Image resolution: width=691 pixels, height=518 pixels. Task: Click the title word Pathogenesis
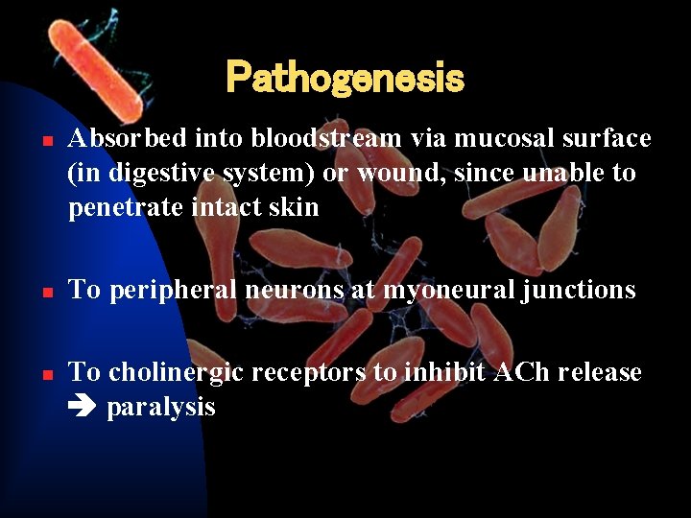pyautogui.click(x=345, y=79)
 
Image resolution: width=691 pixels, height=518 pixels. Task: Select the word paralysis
pyautogui.click(x=160, y=408)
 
